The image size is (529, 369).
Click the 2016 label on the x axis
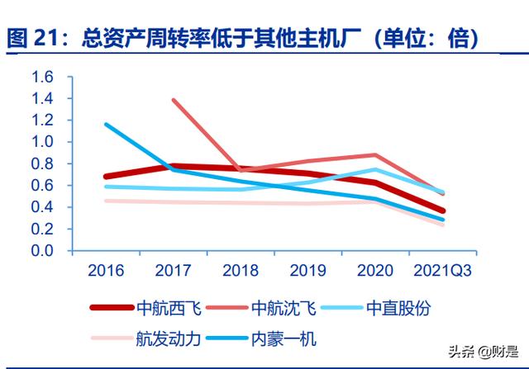point(105,269)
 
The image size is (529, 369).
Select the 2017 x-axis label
point(173,269)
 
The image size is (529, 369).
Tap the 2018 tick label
point(241,269)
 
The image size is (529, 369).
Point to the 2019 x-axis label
point(308,269)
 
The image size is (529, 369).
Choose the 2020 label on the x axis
point(376,269)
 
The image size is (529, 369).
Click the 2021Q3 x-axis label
point(444,269)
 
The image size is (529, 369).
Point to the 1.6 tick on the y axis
point(42,78)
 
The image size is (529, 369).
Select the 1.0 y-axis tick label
point(42,142)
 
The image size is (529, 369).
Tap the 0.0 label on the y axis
point(42,250)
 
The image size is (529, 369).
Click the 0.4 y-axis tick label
point(42,207)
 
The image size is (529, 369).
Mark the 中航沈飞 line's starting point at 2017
point(174,100)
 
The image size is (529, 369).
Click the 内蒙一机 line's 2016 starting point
point(106,125)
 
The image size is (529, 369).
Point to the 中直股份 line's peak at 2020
point(376,169)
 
